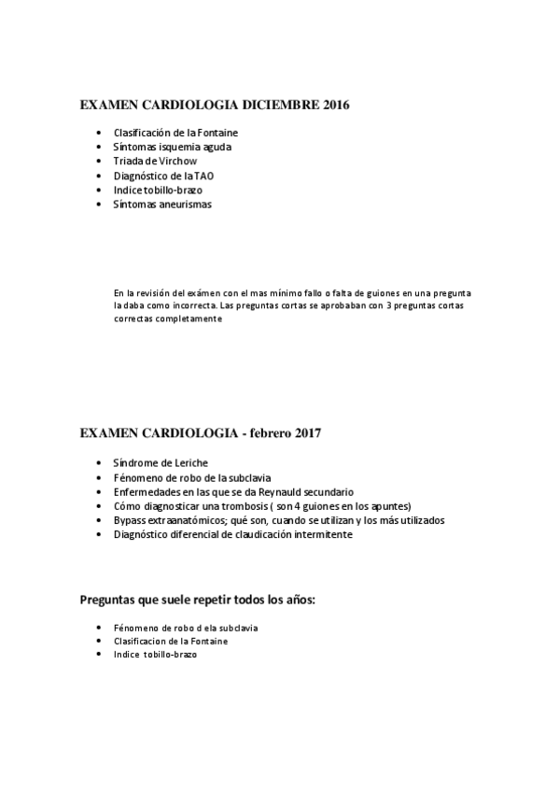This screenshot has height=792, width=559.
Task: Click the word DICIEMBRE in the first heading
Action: click(280, 106)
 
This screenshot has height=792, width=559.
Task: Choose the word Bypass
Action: click(130, 519)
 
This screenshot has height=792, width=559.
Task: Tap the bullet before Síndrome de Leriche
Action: click(99, 463)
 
